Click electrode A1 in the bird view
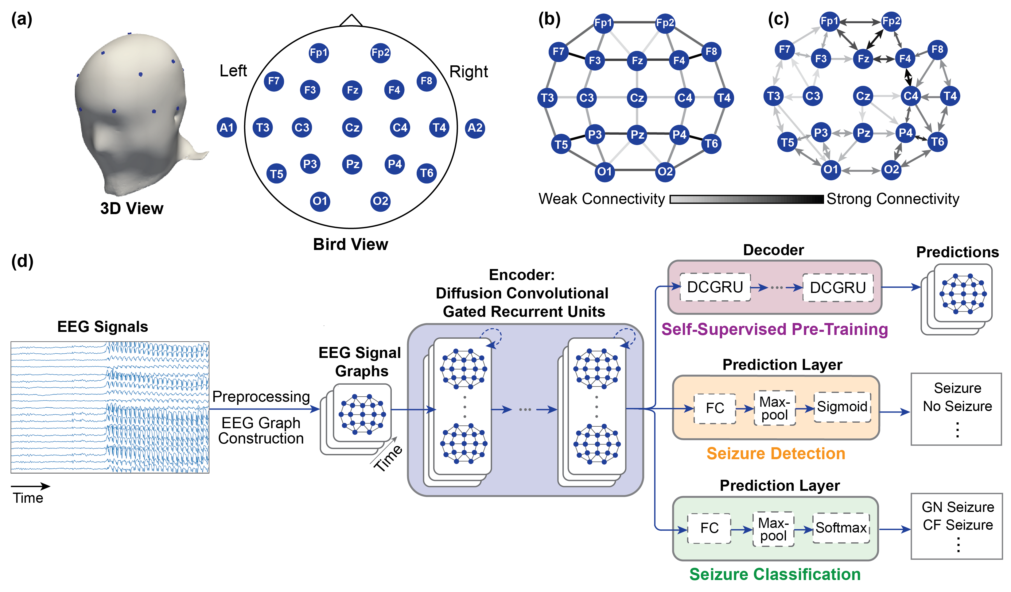pos(227,128)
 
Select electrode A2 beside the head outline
pos(475,128)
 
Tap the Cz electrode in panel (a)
pos(352,128)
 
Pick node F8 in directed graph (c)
pos(937,49)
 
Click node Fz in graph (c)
pos(863,59)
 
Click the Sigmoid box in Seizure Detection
pos(842,407)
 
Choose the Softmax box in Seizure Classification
pos(841,528)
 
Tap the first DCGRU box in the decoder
pos(715,287)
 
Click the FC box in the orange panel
pos(714,408)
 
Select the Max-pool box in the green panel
pos(773,529)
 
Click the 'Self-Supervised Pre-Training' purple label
pos(774,329)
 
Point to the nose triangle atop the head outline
pos(351,21)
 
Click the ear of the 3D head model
pos(178,116)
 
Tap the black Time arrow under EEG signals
pos(30,486)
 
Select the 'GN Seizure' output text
pos(958,507)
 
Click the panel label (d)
pos(22,261)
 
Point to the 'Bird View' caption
pos(350,244)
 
